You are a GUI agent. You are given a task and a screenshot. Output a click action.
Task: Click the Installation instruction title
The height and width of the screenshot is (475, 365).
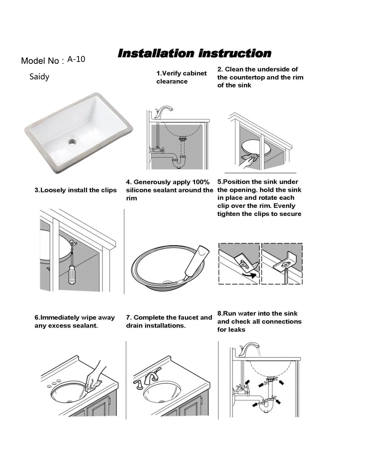point(194,53)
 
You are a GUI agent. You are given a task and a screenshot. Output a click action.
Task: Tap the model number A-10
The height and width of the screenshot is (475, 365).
point(76,59)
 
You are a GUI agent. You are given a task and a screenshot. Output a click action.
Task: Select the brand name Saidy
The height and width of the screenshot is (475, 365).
point(39,76)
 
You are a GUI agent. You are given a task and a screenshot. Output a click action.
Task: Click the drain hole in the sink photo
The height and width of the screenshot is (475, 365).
point(72,141)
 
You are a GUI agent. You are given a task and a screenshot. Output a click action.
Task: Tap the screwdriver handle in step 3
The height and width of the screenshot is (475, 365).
point(72,275)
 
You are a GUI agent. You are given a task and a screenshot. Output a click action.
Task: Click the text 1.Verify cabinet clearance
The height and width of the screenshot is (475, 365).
point(181,77)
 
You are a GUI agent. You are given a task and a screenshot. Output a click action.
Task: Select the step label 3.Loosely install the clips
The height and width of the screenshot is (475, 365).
point(75,190)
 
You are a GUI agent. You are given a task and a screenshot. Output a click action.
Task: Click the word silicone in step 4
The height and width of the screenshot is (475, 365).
point(139,190)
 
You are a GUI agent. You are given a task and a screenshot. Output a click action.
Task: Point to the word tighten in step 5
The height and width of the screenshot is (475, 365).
point(229,214)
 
